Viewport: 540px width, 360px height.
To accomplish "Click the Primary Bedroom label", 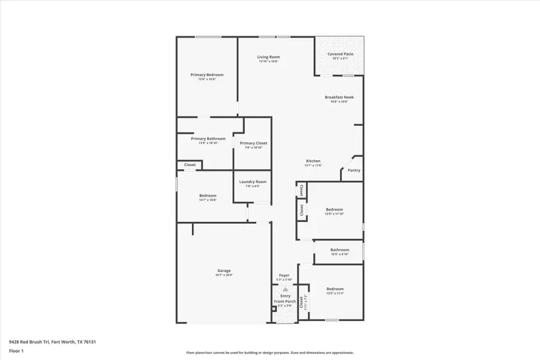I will coord(207,75).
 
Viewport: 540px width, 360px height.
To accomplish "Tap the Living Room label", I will coord(269,57).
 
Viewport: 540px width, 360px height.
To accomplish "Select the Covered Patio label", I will coord(340,54).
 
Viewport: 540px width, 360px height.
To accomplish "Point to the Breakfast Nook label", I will coord(339,97).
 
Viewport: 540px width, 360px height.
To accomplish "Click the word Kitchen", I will coord(313,161).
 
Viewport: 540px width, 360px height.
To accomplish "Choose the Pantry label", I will coord(354,170).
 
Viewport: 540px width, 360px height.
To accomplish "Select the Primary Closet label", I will coord(253,143).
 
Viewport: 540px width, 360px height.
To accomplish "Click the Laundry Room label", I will coord(253,182).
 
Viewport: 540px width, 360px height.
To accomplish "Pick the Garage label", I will coord(224,271).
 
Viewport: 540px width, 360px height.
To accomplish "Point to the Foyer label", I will coord(284,275).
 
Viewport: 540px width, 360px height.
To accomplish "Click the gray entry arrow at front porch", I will coord(285,289).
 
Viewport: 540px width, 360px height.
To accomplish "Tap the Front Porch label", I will coord(285,301).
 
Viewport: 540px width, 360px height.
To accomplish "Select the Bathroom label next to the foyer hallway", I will coord(340,250).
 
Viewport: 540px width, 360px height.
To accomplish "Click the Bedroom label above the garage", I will coord(208,196).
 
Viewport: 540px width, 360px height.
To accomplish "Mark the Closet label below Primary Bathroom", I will coord(190,164).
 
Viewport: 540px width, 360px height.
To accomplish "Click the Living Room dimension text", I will coord(269,61).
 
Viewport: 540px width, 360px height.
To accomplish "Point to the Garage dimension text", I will coord(224,275).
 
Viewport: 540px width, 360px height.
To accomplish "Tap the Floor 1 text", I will coord(16,350).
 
